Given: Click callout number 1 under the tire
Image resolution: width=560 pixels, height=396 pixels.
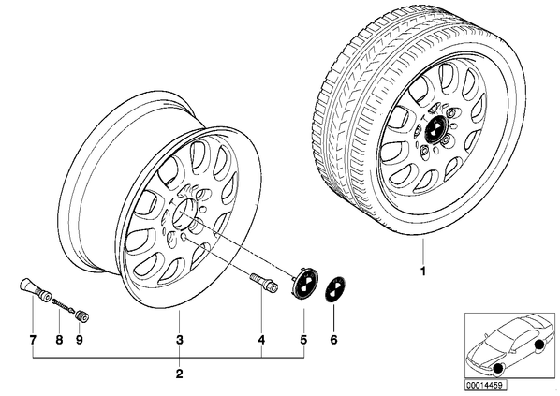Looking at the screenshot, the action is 423,271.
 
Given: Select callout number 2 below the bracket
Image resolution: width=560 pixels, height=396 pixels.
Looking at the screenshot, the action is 179,374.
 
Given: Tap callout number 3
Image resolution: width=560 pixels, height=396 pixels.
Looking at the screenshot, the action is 180,340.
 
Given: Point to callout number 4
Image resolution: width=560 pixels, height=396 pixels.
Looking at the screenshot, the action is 261,340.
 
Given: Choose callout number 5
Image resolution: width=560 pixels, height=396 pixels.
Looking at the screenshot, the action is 303,340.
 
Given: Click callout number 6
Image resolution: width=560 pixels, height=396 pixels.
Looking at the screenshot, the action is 333,340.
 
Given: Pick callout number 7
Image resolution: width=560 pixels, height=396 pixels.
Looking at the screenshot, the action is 33,340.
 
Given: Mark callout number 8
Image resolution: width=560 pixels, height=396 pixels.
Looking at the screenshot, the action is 59,340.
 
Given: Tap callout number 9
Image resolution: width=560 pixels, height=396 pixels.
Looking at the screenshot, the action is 80,340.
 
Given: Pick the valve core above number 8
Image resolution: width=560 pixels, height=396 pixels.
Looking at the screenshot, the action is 64,305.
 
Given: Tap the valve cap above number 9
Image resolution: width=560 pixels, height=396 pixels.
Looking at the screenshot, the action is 82,316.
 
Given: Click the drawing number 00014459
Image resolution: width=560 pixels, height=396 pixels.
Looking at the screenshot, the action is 486,386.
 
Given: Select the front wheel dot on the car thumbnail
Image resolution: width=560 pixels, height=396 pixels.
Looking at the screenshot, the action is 497,369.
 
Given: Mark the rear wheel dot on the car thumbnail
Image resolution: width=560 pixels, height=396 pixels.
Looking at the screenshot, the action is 539,345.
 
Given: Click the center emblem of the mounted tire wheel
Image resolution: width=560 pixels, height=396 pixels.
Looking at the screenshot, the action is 435,129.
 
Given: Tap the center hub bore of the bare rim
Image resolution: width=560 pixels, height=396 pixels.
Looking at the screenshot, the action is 184,214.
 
